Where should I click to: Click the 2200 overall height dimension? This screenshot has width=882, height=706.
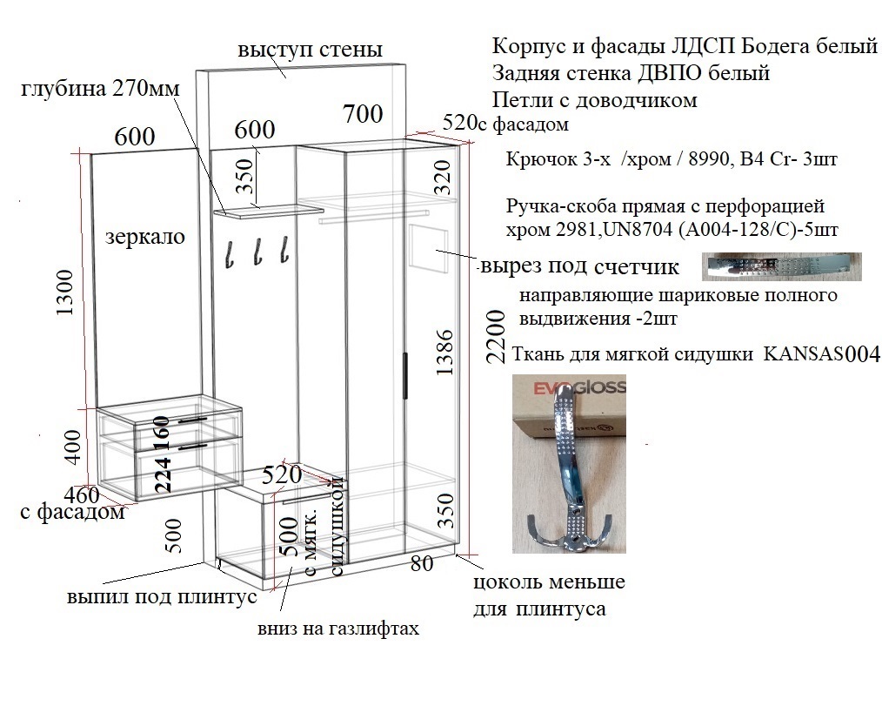pos(496,336)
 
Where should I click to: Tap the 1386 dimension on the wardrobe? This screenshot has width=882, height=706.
pos(444,353)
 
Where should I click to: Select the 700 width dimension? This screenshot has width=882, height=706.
pos(363,114)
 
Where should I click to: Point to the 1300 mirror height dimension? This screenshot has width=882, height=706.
pos(66,292)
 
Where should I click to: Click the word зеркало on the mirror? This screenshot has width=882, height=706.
pos(145,237)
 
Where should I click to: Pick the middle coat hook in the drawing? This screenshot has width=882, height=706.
pos(257,252)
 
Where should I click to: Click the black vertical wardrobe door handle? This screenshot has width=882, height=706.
pos(404,376)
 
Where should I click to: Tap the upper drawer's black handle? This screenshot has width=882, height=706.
pos(194,420)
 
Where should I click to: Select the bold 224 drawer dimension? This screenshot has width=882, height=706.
pos(163,474)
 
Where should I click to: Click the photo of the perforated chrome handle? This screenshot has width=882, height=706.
pos(781,267)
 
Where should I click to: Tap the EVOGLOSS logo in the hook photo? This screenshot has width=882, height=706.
pos(578,387)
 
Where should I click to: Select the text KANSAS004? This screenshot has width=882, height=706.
pos(822,354)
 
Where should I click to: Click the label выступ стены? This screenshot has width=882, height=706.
pos(310,50)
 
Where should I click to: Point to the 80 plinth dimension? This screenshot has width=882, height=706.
pos(422,563)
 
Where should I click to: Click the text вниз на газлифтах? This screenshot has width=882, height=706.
pos(338,629)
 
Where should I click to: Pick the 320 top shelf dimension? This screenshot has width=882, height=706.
pos(443,178)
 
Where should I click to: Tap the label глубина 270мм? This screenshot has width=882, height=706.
pos(100,89)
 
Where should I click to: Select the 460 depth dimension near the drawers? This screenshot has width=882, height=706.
pos(82,495)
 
